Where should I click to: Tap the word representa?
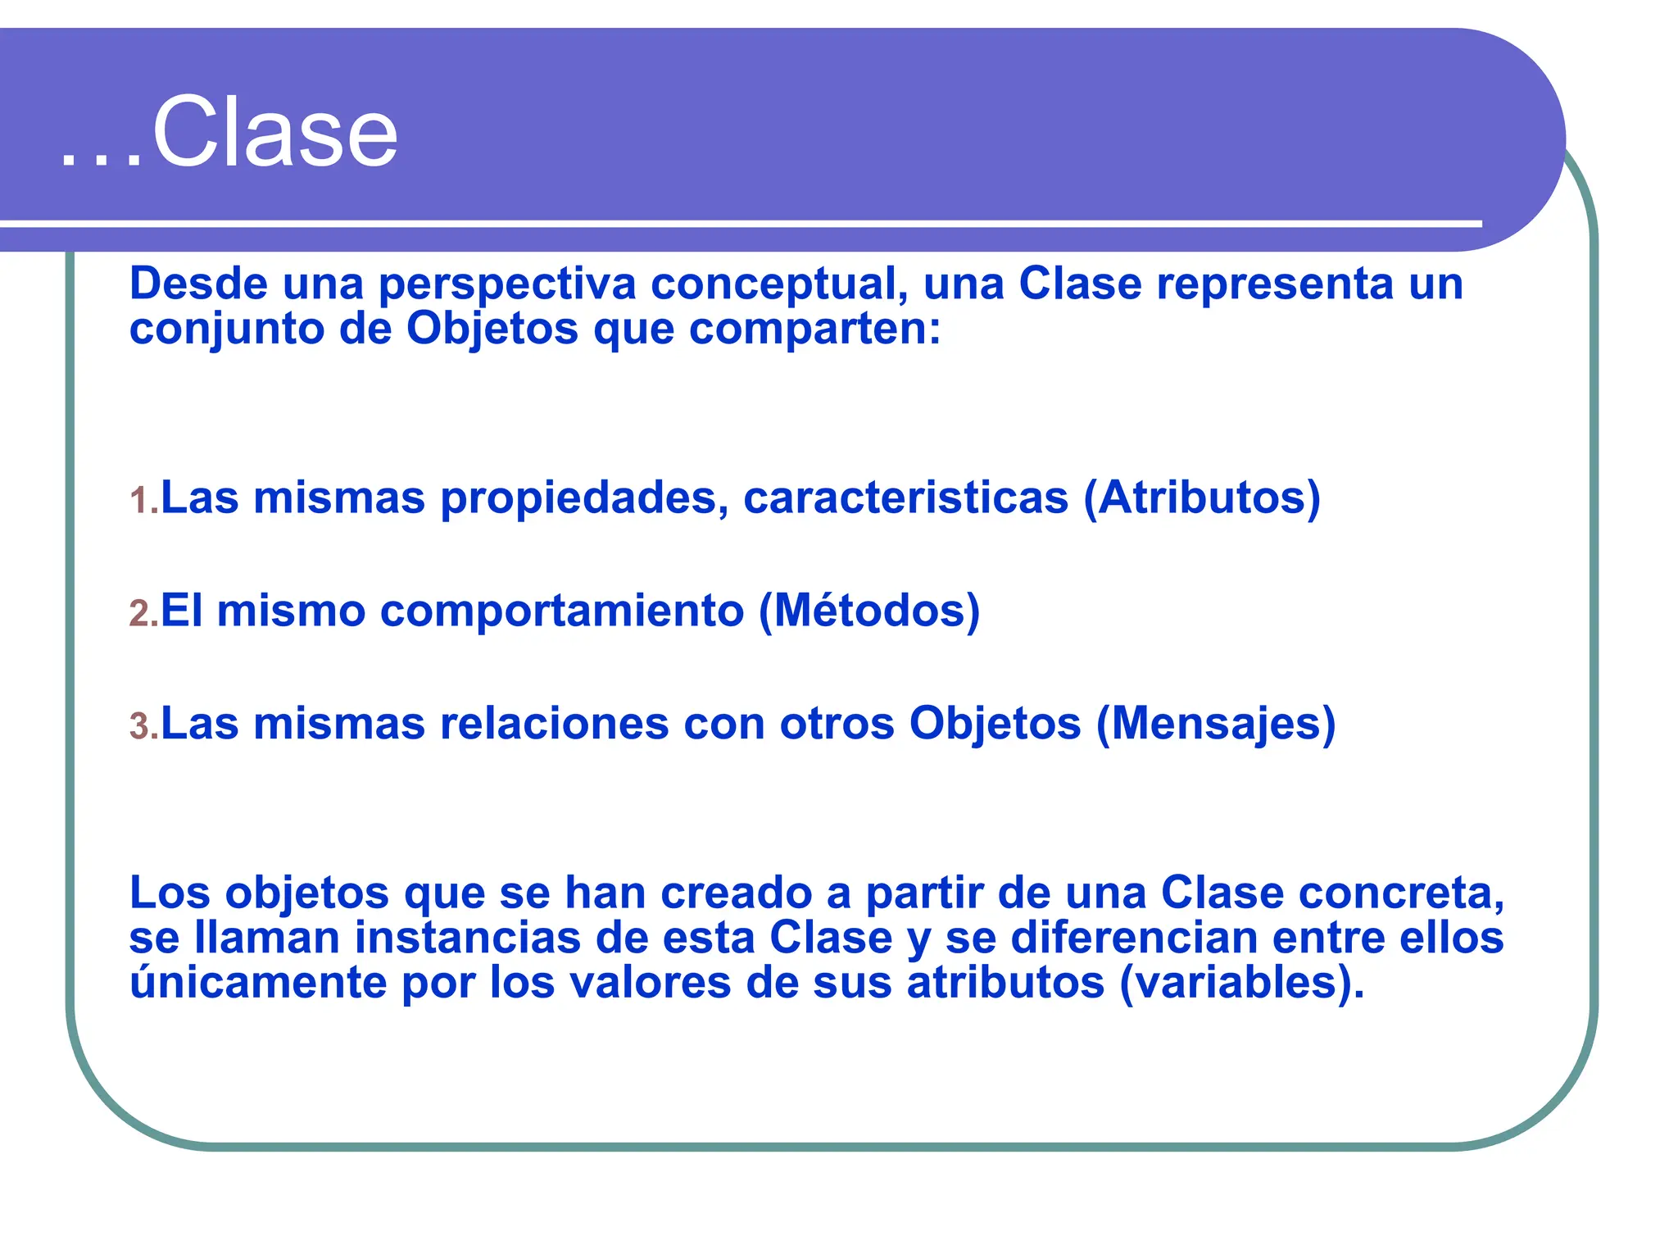(1275, 284)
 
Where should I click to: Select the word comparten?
(814, 330)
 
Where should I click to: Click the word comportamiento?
(561, 611)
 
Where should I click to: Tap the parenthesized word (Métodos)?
(869, 611)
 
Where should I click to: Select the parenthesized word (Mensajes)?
(1216, 724)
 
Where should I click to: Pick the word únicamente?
(258, 982)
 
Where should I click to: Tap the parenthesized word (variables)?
(1241, 982)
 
